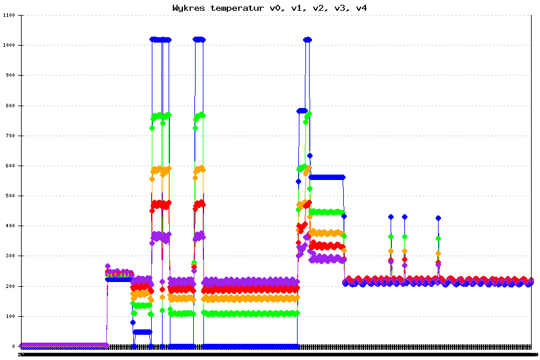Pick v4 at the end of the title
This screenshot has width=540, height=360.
tap(361, 8)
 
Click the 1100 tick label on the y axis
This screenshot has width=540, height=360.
tap(10, 16)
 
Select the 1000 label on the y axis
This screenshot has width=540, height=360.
tap(10, 46)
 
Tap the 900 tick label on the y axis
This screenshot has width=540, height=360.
tap(11, 76)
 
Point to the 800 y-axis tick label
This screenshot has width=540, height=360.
tap(11, 106)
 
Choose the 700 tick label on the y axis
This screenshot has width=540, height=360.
tap(11, 136)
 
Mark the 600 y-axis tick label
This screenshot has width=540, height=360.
tap(11, 166)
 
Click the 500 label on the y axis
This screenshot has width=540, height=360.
tap(11, 196)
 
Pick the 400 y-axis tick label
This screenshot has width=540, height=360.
tap(11, 226)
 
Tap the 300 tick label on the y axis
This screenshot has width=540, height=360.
tap(11, 256)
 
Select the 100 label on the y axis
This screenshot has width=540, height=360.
tap(11, 316)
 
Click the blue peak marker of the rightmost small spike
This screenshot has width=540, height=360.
tap(439, 218)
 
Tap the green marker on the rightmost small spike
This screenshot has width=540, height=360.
tap(439, 238)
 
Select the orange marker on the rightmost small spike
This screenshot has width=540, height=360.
tap(439, 254)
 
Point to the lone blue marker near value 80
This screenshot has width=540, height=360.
tap(133, 322)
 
